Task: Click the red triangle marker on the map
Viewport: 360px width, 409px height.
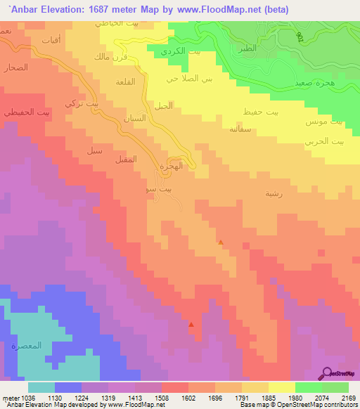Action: [191, 325]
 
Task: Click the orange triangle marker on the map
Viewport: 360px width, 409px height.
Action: [221, 242]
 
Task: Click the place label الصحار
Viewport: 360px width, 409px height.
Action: [15, 67]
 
